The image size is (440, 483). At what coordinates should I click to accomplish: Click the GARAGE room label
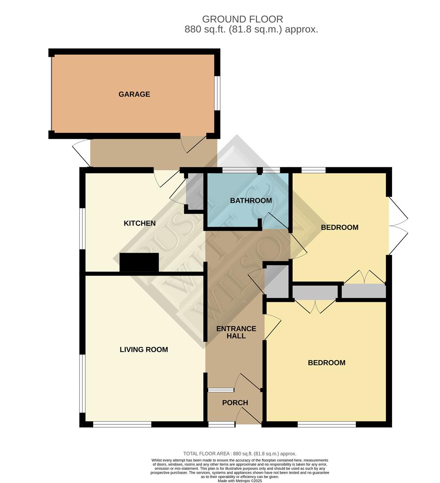[134, 94]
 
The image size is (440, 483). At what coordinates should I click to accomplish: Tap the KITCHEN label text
[140, 223]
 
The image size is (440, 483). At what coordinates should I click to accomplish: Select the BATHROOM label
[251, 200]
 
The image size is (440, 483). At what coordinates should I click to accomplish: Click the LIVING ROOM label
[144, 349]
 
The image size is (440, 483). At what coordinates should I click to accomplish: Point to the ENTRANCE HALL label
[236, 332]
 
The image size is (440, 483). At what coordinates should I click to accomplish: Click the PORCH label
[235, 402]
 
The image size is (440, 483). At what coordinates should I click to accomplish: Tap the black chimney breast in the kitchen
[139, 262]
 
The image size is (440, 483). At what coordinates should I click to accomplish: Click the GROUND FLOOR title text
[242, 19]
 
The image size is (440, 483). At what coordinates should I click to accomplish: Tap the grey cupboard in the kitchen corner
[195, 191]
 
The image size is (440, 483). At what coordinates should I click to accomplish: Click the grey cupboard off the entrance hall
[276, 280]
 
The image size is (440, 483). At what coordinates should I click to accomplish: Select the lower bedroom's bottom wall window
[326, 424]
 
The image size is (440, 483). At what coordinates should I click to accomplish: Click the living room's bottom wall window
[122, 424]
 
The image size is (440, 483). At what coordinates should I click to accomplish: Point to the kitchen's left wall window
[82, 228]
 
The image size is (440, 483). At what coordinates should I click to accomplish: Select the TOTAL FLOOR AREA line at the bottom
[239, 453]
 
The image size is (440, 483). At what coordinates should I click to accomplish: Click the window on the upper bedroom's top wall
[313, 170]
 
